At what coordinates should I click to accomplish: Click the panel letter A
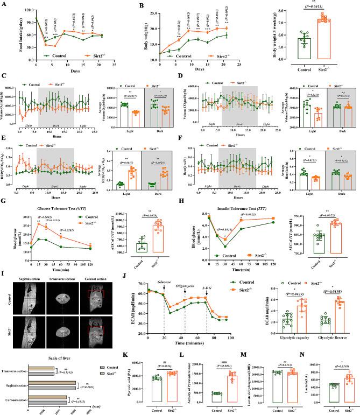tap(4, 5)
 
